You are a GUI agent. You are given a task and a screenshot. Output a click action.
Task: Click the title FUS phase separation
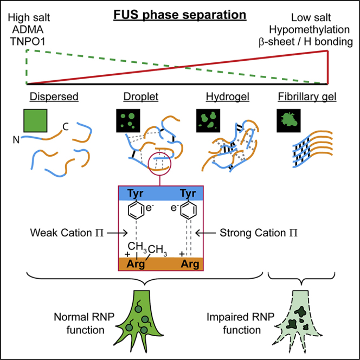179,12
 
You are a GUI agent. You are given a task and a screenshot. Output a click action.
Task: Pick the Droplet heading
136,97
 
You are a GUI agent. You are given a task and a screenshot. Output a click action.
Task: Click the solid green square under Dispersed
35,120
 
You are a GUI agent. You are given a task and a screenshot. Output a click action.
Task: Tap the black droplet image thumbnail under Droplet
128,120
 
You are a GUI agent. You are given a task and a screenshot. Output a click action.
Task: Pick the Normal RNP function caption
79,323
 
